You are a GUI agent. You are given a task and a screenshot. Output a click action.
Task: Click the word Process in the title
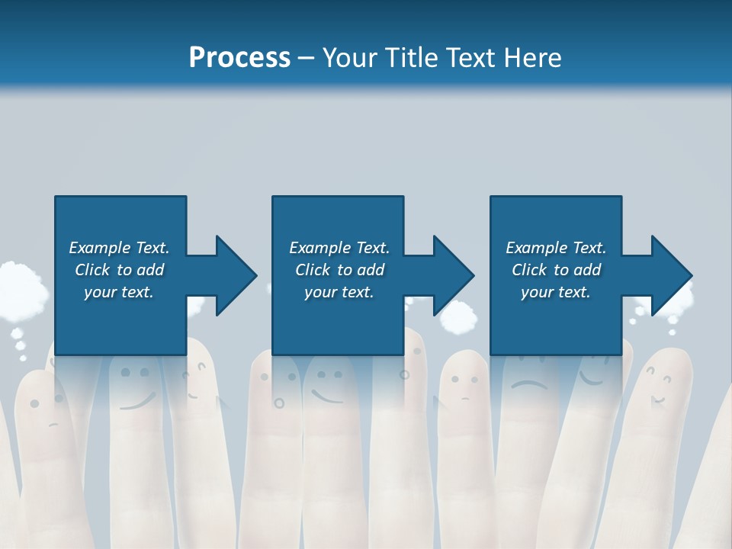click(239, 58)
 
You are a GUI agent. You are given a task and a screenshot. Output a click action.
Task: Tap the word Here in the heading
click(534, 58)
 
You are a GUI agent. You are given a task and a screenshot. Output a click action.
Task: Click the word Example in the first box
click(100, 248)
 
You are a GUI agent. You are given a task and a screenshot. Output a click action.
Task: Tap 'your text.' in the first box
click(118, 292)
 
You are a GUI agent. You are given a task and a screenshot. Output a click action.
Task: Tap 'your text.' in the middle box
click(339, 292)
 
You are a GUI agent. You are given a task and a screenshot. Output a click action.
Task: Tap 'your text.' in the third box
click(555, 292)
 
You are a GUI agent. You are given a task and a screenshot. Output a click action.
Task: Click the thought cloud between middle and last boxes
click(459, 317)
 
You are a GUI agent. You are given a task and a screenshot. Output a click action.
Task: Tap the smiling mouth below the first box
click(137, 401)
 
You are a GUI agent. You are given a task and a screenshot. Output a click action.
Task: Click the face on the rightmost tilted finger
click(658, 384)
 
